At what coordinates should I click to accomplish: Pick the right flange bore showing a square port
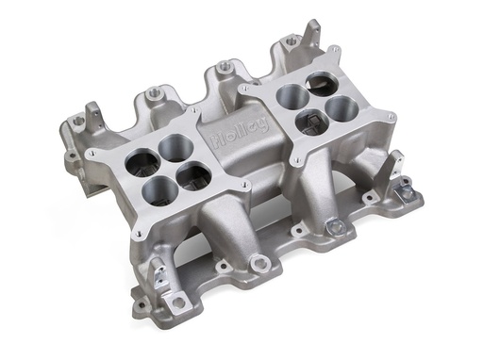click(x=311, y=123)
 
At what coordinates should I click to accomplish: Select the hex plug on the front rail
click(x=334, y=226)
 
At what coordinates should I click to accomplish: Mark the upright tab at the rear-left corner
click(x=94, y=118)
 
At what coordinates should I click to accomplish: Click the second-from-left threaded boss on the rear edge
click(x=223, y=67)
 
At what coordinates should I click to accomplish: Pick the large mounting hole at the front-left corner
click(x=176, y=303)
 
